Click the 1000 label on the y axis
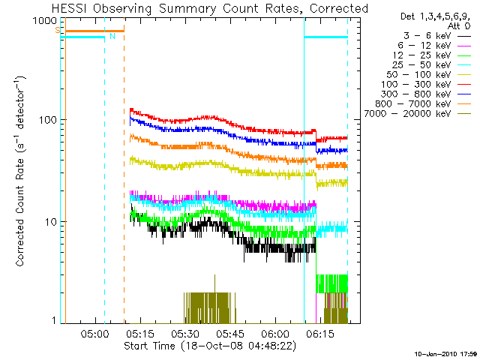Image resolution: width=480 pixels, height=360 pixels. tap(45, 20)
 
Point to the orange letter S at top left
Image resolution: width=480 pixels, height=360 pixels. tap(57, 30)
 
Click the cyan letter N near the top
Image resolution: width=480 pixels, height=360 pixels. tap(112, 36)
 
